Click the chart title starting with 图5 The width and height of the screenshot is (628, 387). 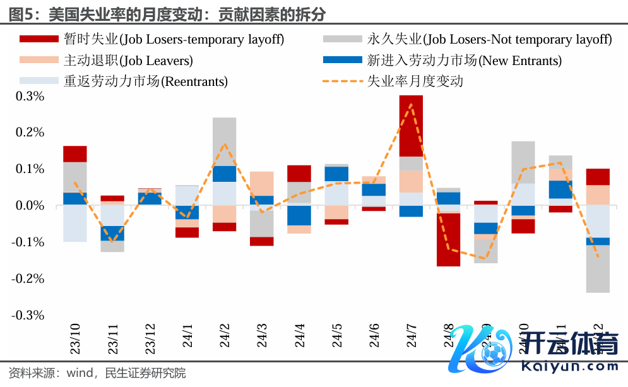click(x=168, y=12)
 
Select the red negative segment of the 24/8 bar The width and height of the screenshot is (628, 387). click(x=448, y=240)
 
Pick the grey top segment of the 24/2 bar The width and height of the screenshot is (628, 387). click(x=224, y=141)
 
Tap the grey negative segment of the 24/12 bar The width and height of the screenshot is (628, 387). click(x=598, y=269)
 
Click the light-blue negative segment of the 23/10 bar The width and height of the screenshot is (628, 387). click(x=75, y=223)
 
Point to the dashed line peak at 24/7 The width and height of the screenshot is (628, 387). click(x=411, y=105)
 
